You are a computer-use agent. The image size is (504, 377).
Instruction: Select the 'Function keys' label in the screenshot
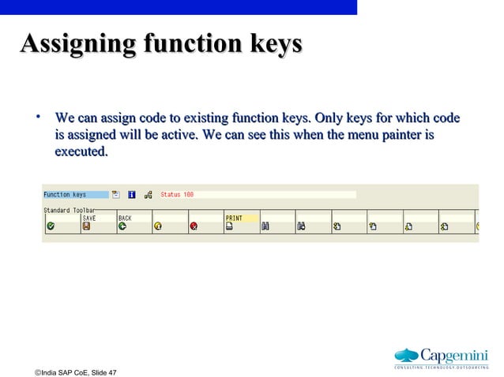tap(66, 194)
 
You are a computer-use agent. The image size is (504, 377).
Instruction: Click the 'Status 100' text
tap(177, 194)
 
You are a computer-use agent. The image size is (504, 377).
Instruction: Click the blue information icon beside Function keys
tap(131, 194)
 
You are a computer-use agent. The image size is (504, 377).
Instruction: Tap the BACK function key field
tap(132, 218)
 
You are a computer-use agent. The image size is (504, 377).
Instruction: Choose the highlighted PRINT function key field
tap(241, 218)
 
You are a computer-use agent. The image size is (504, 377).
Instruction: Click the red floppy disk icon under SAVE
tap(86, 226)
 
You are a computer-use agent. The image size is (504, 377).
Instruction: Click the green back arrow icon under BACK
tap(122, 226)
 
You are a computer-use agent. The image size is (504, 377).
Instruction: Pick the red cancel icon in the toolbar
tap(194, 226)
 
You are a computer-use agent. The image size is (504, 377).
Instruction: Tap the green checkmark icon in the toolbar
tap(51, 226)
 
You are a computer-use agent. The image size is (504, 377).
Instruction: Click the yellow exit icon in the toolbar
tap(158, 226)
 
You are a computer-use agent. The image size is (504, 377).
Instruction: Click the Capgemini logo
tap(442, 357)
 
